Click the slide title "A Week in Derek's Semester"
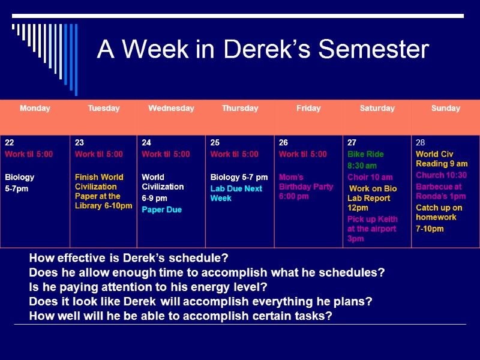coord(263,49)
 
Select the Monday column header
coord(35,109)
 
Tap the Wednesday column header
coord(171,109)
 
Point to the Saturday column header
coord(377,109)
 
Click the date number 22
coord(10,143)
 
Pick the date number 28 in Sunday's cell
coord(420,143)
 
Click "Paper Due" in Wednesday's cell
coord(161,210)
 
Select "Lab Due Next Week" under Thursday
coord(236,193)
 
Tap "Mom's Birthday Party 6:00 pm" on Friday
coord(305,187)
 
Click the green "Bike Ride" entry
coord(365,154)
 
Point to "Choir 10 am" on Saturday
coord(370,177)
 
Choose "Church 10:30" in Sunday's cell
coord(441,175)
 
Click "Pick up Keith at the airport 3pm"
coord(371,229)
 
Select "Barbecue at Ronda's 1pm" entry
coord(440,191)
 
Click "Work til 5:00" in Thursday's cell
coord(234,154)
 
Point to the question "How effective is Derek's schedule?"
coord(128,259)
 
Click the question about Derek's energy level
coord(148,287)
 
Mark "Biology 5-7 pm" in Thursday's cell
coord(239,177)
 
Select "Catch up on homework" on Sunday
coord(439,212)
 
